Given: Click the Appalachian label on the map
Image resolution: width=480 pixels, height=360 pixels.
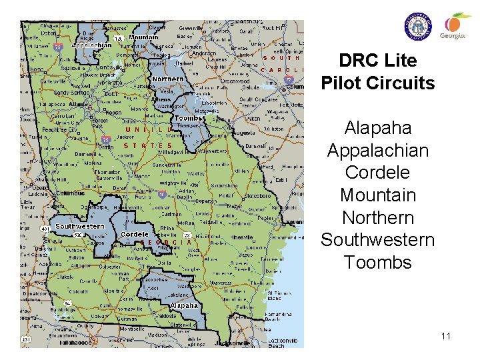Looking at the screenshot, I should pyautogui.click(x=91, y=45).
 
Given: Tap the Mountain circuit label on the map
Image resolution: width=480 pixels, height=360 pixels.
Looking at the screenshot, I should pyautogui.click(x=143, y=38).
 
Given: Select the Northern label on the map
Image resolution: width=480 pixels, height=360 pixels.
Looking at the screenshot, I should pyautogui.click(x=168, y=79).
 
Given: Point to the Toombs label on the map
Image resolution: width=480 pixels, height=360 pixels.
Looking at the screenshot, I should pyautogui.click(x=189, y=119).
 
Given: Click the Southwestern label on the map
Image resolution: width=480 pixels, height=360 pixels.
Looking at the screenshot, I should pyautogui.click(x=80, y=226).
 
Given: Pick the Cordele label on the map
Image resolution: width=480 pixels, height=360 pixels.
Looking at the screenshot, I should pyautogui.click(x=135, y=235).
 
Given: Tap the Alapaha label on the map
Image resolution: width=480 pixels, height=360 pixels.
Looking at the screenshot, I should pyautogui.click(x=183, y=305).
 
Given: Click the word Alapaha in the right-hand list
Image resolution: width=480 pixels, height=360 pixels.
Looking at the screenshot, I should pyautogui.click(x=377, y=127).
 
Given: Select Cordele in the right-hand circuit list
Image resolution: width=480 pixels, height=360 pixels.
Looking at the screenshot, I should pyautogui.click(x=377, y=172).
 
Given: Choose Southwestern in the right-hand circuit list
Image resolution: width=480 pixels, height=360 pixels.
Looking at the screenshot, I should pyautogui.click(x=377, y=239).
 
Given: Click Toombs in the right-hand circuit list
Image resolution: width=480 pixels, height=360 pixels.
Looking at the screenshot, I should pyautogui.click(x=377, y=262).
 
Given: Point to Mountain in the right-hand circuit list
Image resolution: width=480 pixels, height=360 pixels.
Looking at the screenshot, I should pyautogui.click(x=377, y=195).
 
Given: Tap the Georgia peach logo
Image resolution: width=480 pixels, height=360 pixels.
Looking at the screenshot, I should pyautogui.click(x=457, y=26).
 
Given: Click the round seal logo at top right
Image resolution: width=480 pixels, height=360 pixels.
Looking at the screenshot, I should pyautogui.click(x=418, y=27).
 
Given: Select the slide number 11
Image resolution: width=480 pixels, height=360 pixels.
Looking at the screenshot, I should pyautogui.click(x=445, y=336).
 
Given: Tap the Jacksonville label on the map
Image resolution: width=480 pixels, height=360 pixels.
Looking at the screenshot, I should pyautogui.click(x=233, y=343).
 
